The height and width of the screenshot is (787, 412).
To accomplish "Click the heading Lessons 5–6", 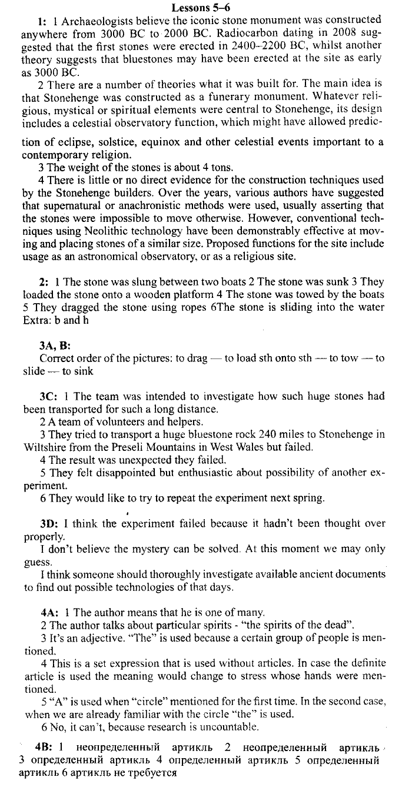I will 205,8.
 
